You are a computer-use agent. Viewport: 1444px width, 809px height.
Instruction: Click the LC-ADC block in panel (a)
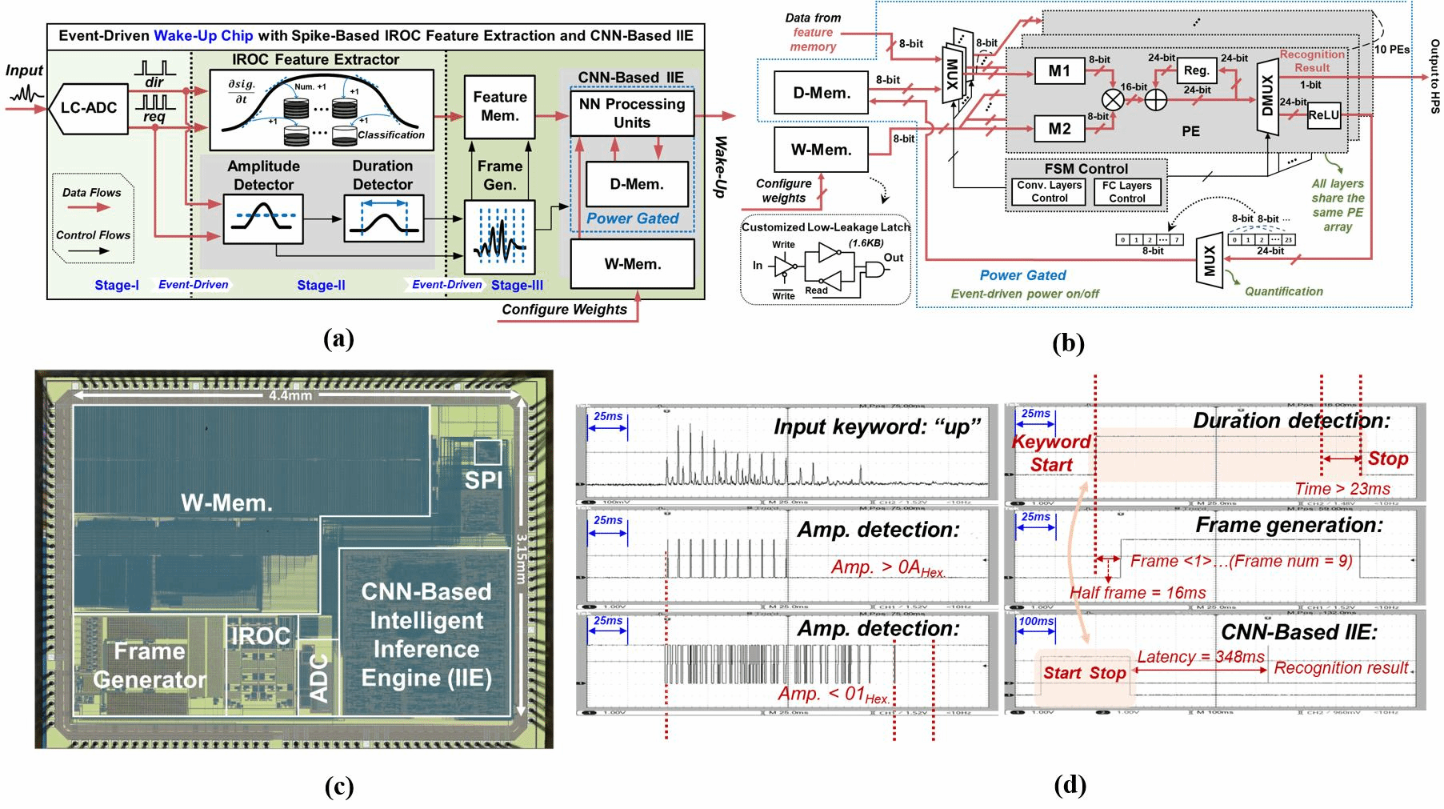point(88,107)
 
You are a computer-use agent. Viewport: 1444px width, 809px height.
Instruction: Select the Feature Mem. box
point(500,106)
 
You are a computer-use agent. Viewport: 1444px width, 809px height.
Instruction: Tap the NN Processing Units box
point(632,113)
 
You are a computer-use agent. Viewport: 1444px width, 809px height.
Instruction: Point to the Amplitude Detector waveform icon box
point(263,218)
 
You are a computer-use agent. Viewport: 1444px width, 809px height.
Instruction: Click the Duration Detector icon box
point(383,218)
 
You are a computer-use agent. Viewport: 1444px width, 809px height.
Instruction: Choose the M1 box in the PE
point(1059,71)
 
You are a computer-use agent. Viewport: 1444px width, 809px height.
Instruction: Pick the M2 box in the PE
point(1059,129)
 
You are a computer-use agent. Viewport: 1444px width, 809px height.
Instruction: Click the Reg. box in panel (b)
point(1196,70)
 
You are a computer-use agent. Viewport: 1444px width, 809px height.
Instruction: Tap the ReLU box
point(1323,115)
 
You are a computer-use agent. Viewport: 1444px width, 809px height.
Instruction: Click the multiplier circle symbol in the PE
point(1113,99)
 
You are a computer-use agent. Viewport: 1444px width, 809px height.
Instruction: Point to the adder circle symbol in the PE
point(1155,99)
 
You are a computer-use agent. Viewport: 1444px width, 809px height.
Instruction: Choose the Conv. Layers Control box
point(1049,192)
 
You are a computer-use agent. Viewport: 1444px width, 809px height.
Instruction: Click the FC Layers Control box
point(1126,192)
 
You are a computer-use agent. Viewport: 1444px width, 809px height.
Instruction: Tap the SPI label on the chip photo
point(483,479)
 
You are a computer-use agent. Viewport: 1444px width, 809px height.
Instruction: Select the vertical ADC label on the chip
point(319,678)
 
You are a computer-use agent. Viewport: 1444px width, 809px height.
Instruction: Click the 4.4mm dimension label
point(290,395)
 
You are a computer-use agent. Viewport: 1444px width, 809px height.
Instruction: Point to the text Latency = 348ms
point(1201,657)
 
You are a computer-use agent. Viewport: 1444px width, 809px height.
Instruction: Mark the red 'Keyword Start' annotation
point(1051,453)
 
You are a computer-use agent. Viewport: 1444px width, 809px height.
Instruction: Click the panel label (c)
point(338,787)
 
